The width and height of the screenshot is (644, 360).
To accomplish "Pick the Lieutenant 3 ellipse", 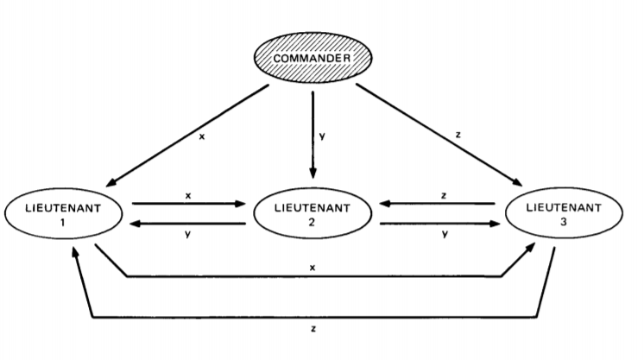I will [x=562, y=215].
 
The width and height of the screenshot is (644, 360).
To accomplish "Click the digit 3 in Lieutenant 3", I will [x=562, y=222].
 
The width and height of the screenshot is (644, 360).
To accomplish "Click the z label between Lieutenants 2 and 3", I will [x=442, y=195].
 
